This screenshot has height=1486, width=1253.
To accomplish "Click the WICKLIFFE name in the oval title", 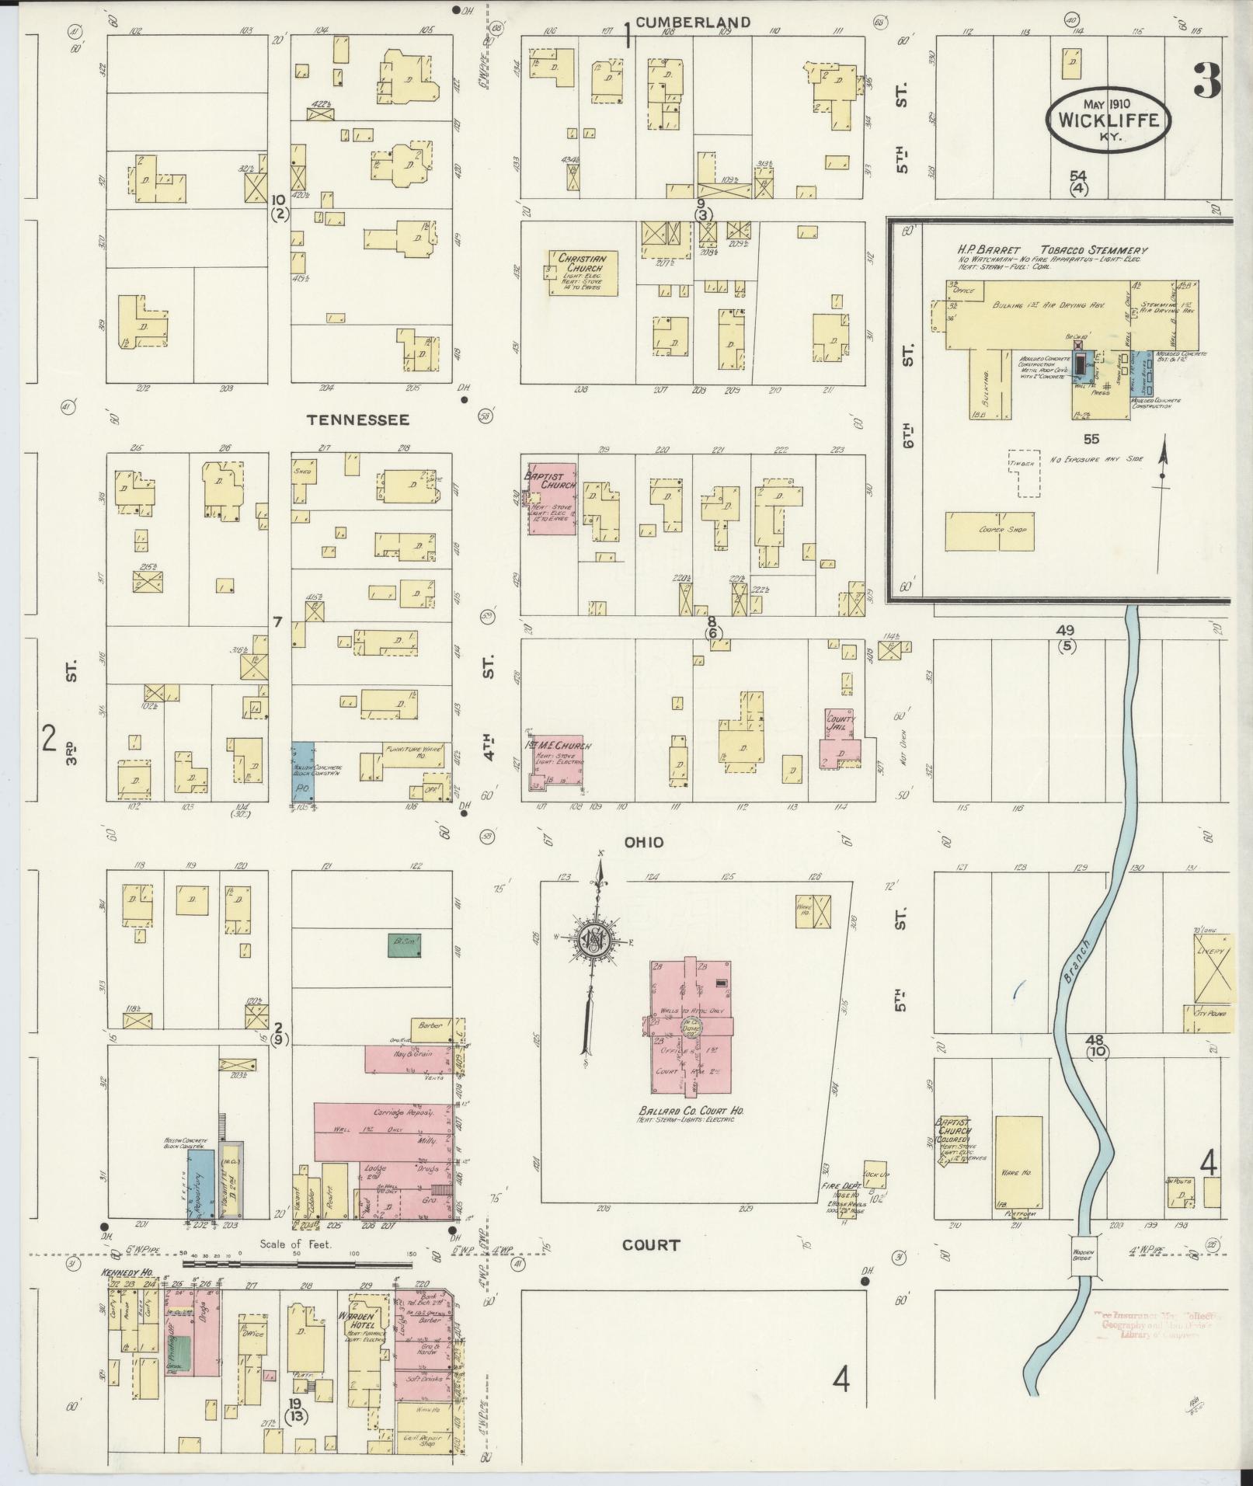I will tap(1108, 120).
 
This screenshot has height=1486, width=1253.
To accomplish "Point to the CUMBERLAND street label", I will tap(693, 23).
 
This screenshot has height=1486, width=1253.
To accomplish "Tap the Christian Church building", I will tap(583, 273).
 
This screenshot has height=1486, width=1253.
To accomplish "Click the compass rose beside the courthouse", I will tap(594, 941).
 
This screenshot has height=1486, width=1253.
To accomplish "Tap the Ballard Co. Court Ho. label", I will tap(691, 1113).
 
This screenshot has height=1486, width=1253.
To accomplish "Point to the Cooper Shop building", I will tap(990, 531).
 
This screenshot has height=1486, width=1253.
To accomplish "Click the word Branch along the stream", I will tap(1075, 959).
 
